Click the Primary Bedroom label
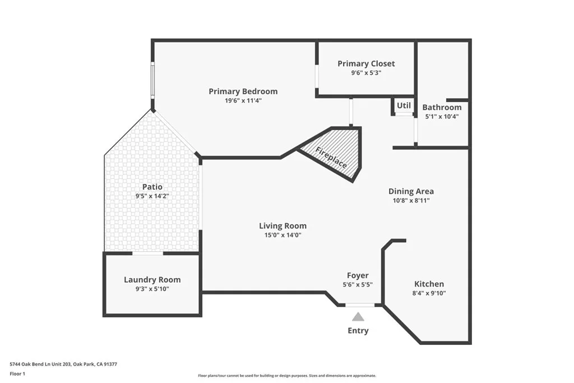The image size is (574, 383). [x=243, y=91]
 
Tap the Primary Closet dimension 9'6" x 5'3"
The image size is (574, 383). [x=365, y=73]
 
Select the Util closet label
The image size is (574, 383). [x=404, y=105]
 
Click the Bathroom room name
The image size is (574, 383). [x=442, y=107]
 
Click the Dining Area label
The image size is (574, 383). [x=411, y=191]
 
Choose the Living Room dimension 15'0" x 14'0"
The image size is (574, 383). [x=283, y=236]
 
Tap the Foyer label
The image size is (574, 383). [x=358, y=275]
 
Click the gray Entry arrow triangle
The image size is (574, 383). [x=358, y=317]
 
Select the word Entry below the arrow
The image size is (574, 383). [x=358, y=331]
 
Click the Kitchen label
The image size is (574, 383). [x=429, y=284]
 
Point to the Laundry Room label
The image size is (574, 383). [x=152, y=280]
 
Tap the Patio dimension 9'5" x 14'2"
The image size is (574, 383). [x=152, y=196]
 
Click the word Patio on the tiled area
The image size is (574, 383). [x=152, y=187]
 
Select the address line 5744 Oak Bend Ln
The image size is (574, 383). [x=63, y=364]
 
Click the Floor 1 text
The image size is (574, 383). [x=18, y=373]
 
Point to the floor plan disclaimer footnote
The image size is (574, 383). [x=286, y=376]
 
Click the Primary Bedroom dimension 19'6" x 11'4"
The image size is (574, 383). [x=243, y=101]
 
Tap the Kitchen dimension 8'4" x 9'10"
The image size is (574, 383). [x=429, y=293]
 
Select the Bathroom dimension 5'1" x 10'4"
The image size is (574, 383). [x=442, y=117]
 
